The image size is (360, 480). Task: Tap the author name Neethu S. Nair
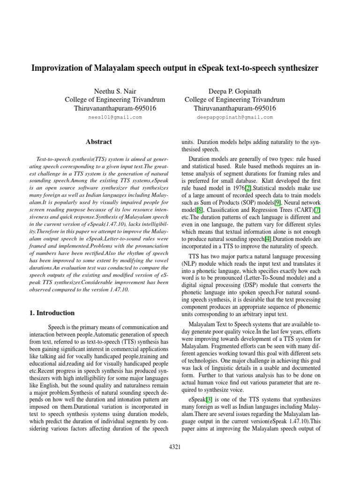point(115,90)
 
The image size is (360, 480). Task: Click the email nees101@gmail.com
point(115,117)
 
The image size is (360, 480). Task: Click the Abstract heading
point(99,141)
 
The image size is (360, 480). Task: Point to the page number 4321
point(174,447)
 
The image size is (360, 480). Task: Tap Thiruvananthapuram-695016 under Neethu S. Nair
point(115,108)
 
